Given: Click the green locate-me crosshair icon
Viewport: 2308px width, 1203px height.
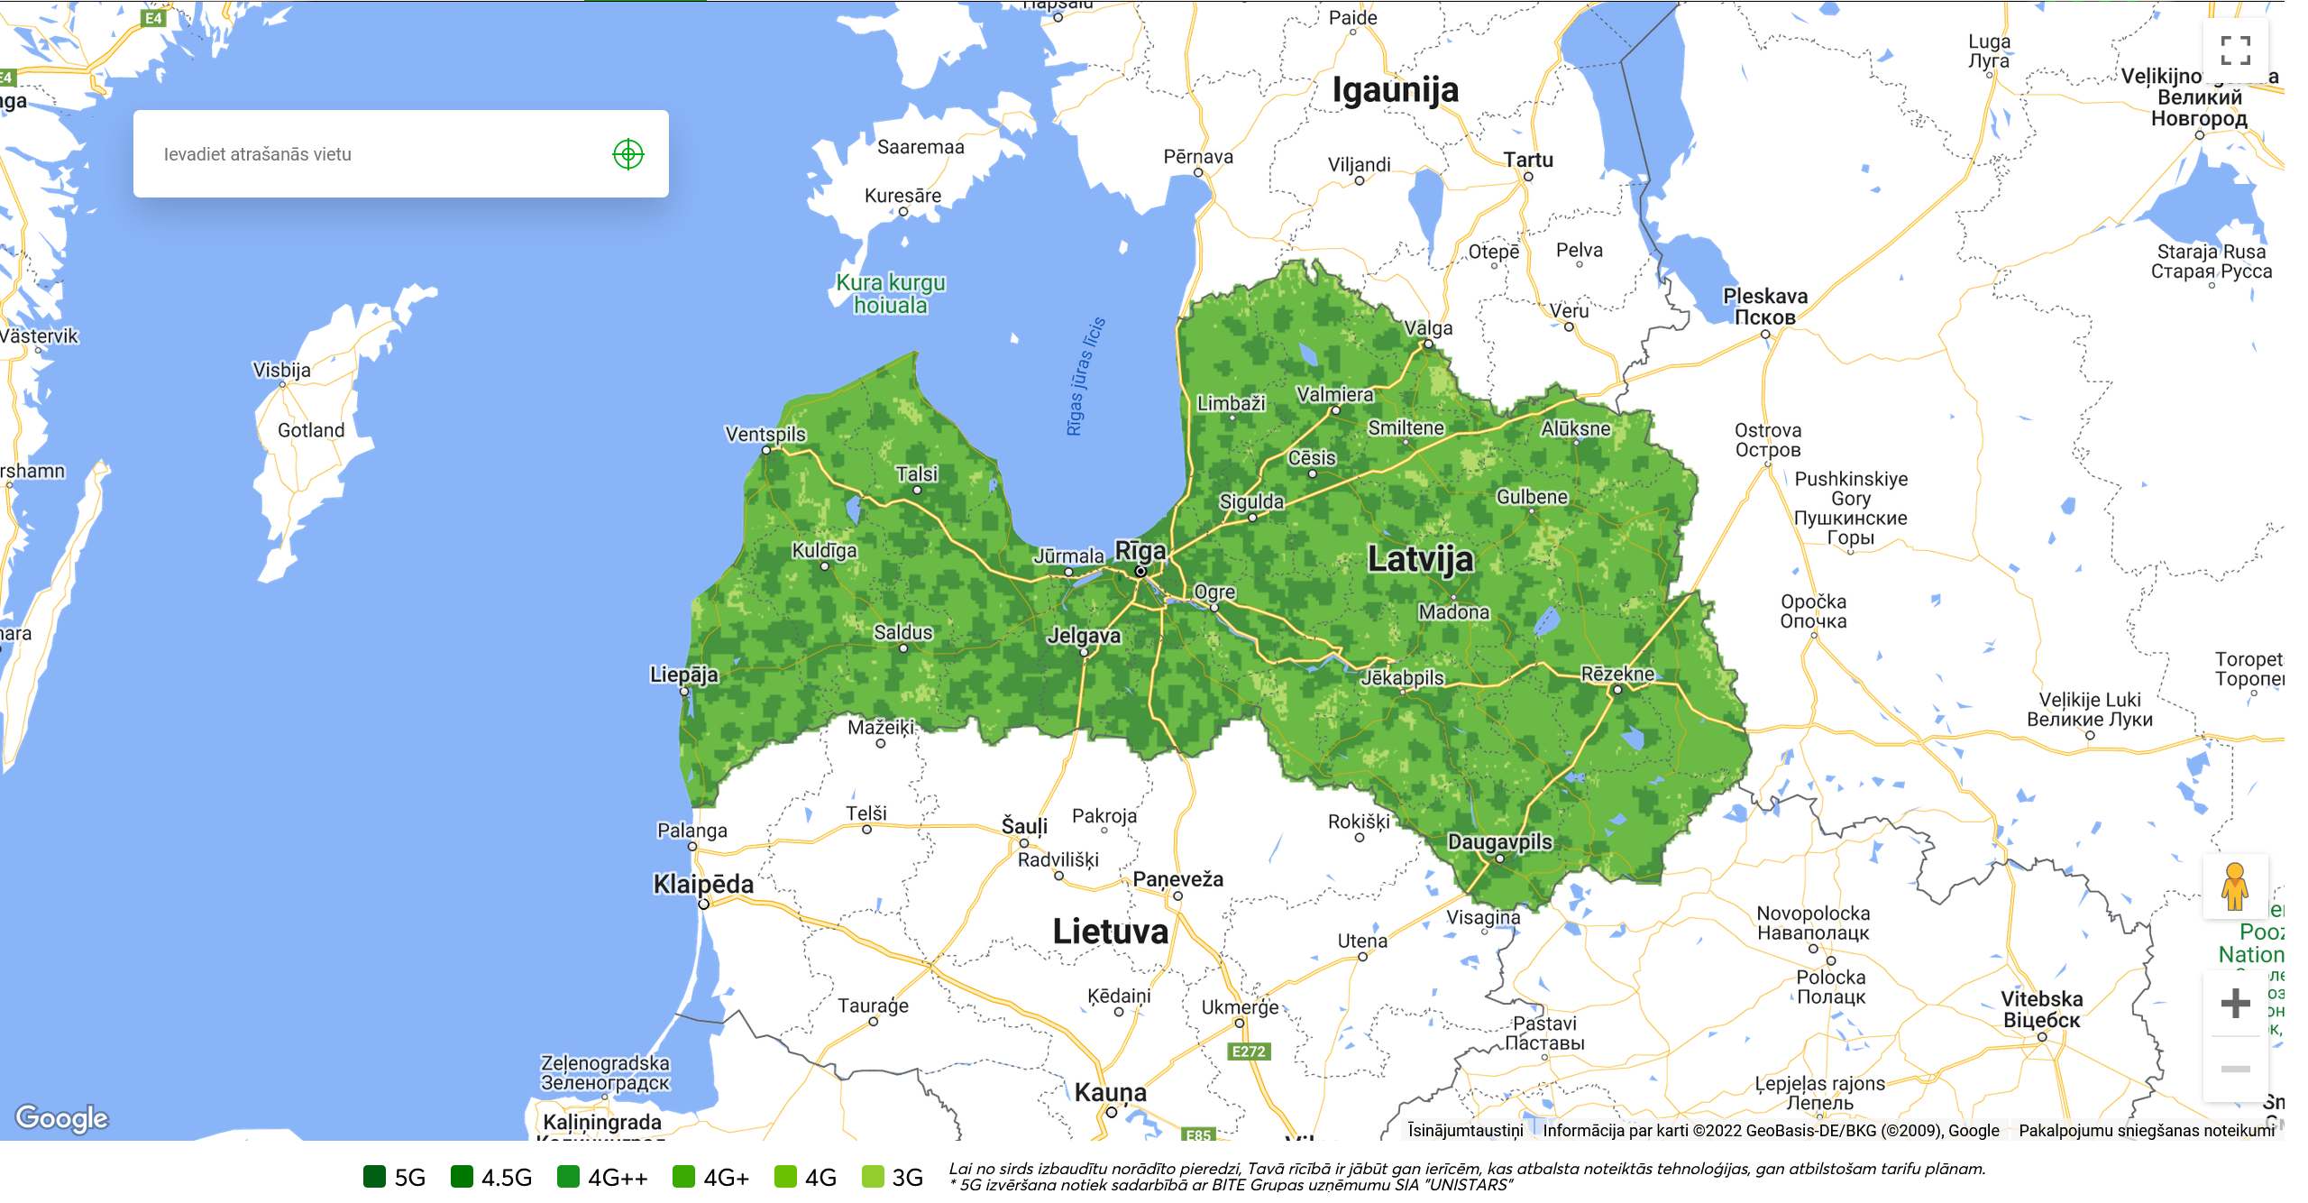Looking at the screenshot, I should [x=627, y=154].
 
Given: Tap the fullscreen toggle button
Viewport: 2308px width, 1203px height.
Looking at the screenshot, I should [x=2235, y=51].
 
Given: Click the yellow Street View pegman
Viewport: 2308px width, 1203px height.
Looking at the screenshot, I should [x=2234, y=887].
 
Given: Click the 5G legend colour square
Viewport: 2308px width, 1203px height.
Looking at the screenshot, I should [x=374, y=1177].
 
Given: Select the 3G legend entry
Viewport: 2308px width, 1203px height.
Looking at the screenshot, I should [x=893, y=1177].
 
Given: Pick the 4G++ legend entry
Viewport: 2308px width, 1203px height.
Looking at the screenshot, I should [x=602, y=1177].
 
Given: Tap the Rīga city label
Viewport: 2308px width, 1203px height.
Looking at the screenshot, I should [x=1140, y=550].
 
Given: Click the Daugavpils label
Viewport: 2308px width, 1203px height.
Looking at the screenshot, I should [x=1499, y=841].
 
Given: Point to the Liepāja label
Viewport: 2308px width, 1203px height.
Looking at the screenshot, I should [x=683, y=675].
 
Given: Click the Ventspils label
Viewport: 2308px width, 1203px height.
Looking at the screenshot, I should [x=765, y=434].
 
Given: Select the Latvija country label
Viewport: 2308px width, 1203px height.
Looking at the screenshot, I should [x=1420, y=559].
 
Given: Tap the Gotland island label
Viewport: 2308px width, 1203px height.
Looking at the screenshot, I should [x=311, y=430].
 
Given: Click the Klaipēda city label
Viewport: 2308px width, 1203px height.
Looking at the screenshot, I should [x=702, y=884].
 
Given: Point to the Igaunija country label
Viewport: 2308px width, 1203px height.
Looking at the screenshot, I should [x=1395, y=90].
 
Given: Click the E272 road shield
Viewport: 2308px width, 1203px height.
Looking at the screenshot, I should [x=1249, y=1051].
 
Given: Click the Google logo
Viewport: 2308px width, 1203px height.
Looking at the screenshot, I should [x=61, y=1118].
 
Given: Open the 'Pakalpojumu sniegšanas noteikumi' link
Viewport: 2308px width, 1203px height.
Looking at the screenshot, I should [x=2146, y=1131].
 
